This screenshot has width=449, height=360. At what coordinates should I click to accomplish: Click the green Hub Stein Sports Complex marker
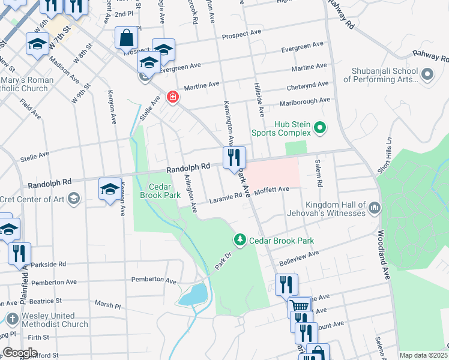click(x=319, y=128)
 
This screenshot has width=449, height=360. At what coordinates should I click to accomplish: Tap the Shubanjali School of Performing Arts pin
click(x=427, y=75)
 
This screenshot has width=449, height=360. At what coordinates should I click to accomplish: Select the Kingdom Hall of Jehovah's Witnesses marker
click(x=375, y=208)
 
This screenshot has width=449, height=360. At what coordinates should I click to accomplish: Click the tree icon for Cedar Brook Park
click(x=240, y=240)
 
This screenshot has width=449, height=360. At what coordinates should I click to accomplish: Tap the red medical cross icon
click(x=172, y=97)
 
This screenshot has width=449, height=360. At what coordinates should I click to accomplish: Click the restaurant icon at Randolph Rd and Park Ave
click(x=234, y=158)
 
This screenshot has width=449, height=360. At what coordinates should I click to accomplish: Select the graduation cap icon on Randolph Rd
click(x=110, y=190)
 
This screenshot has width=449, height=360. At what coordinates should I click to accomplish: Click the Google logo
click(x=20, y=353)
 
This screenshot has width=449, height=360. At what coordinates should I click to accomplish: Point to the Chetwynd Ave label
click(x=307, y=85)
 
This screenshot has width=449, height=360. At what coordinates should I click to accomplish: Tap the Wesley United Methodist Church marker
click(x=12, y=319)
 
